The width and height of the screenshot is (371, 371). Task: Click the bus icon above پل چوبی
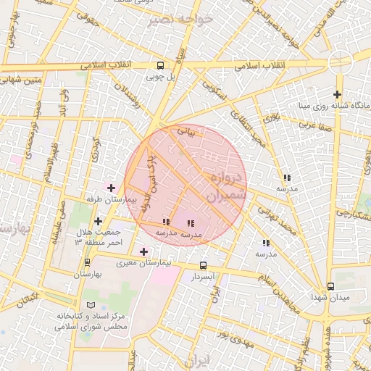(x=159, y=64)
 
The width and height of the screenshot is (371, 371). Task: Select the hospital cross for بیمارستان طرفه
(x=110, y=188)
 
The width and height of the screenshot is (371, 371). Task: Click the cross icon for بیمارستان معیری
(x=143, y=251)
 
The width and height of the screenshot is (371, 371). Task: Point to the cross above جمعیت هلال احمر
(x=98, y=221)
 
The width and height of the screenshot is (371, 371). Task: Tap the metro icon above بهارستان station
(x=88, y=263)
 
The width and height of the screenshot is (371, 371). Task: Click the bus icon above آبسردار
(x=203, y=265)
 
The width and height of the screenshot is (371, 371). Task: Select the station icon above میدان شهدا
(x=330, y=286)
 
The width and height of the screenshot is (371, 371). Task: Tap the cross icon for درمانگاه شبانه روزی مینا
(x=337, y=94)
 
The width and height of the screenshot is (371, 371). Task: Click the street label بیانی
(x=186, y=132)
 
